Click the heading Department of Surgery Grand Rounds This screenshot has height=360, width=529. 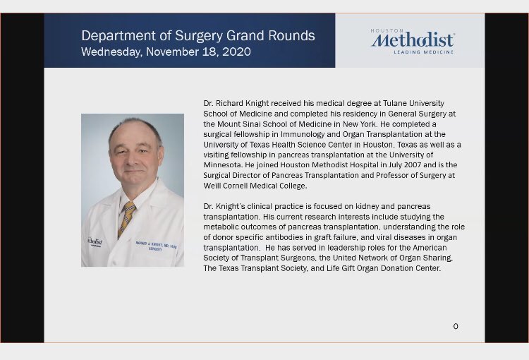click(198, 35)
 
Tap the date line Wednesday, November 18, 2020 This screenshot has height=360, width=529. click(166, 52)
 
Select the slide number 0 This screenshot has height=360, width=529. click(456, 326)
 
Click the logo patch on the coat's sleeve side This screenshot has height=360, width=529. click(95, 241)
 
